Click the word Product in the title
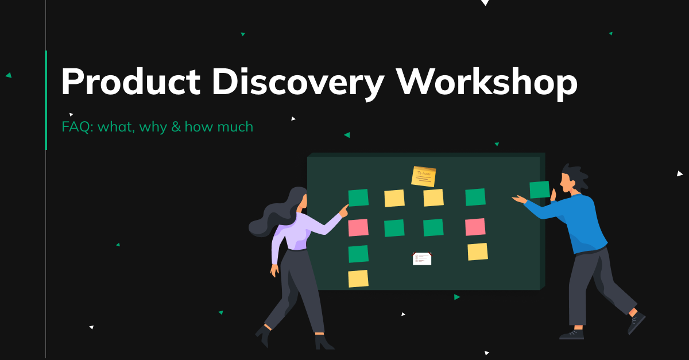130,82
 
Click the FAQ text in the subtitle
77,126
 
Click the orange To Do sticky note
424,176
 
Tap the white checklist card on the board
422,259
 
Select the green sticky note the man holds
539,189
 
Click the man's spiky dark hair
576,175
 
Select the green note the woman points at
358,198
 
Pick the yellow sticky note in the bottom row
358,278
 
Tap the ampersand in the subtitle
176,126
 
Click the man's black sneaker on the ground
571,334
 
